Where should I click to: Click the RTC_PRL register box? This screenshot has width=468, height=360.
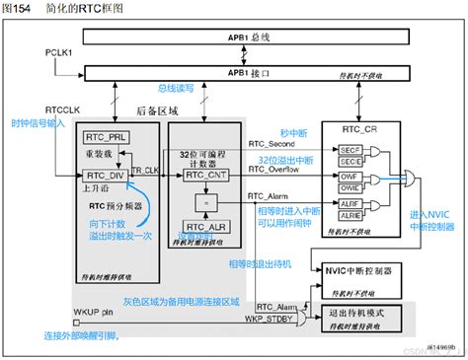pos(103,137)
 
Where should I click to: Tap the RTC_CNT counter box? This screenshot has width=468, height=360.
pos(204,174)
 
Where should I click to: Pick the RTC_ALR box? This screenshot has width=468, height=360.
pos(204,226)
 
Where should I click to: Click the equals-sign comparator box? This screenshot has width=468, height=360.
pos(204,199)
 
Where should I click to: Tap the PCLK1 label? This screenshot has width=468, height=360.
pos(59,48)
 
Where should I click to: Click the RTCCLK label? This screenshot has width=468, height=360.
pos(62,111)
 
